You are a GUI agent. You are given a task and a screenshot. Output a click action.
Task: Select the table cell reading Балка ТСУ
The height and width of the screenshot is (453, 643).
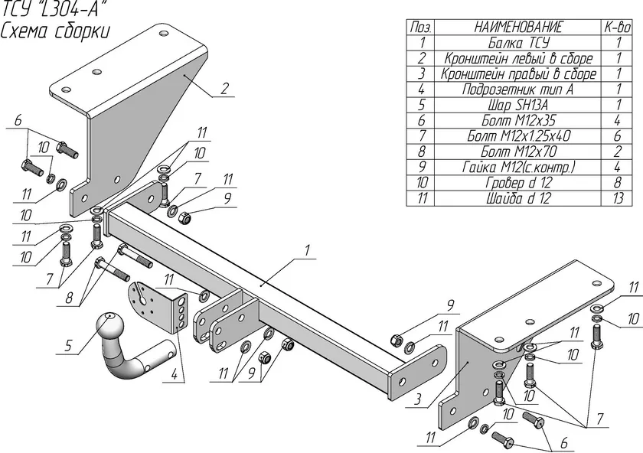pyautogui.click(x=518, y=43)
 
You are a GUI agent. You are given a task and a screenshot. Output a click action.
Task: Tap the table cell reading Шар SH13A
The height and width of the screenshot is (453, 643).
pyautogui.click(x=518, y=105)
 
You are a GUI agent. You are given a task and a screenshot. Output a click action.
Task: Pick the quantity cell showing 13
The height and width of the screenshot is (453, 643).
pyautogui.click(x=618, y=198)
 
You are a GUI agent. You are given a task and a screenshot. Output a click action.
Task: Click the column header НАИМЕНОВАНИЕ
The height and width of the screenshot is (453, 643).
pyautogui.click(x=518, y=27)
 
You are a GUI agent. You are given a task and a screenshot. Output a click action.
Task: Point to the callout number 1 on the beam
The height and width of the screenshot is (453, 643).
pyautogui.click(x=307, y=250)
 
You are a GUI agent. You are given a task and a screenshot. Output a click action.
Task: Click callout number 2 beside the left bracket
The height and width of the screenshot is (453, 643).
pyautogui.click(x=224, y=89)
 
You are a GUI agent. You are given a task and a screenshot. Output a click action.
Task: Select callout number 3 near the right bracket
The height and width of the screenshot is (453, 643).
pyautogui.click(x=417, y=399)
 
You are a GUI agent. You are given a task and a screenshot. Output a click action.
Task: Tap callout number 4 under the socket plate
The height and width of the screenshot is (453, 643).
pyautogui.click(x=175, y=374)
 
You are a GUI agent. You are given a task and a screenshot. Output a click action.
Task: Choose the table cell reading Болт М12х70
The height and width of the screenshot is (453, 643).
pyautogui.click(x=518, y=152)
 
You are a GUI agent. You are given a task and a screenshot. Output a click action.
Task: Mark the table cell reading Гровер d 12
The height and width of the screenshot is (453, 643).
pyautogui.click(x=518, y=183)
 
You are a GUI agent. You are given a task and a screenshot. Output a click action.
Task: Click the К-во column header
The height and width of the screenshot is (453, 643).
pyautogui.click(x=618, y=27)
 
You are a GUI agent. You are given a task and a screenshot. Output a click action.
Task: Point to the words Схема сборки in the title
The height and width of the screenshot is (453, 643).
pyautogui.click(x=55, y=31)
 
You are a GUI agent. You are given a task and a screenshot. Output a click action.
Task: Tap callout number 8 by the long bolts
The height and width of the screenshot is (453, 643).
pyautogui.click(x=70, y=297)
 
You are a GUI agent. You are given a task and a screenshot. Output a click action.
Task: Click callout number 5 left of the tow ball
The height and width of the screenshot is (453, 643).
pyautogui.click(x=67, y=346)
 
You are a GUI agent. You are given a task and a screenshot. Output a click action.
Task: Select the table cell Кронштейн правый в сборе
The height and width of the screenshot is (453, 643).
pyautogui.click(x=518, y=73)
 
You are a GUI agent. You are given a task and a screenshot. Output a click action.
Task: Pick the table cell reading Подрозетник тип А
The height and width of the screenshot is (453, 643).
pyautogui.click(x=518, y=90)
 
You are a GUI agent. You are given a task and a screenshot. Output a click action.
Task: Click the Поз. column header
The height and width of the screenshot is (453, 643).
pyautogui.click(x=421, y=27)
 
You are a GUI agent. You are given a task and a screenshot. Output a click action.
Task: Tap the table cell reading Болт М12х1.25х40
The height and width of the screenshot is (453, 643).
pyautogui.click(x=518, y=136)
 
